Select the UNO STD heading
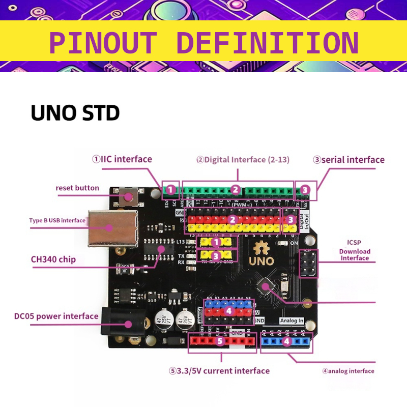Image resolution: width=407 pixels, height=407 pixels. coord(75,113)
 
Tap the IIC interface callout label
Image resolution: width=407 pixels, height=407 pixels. coord(122,159)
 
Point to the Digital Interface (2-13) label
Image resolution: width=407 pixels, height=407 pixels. coord(243,160)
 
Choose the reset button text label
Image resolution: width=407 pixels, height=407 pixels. coord(77,188)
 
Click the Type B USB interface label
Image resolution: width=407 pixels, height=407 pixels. coord(57,220)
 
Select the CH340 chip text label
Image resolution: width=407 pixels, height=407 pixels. coord(53,259)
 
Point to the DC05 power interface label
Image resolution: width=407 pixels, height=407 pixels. coord(56,316)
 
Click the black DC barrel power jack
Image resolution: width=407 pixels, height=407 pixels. coord(115,322)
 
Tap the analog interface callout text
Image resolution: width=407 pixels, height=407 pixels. coord(348,371)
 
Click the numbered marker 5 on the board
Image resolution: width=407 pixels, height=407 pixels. coord(220,341)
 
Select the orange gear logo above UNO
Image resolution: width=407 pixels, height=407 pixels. coord(261,248)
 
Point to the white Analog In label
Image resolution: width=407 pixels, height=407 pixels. coord(292,321)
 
